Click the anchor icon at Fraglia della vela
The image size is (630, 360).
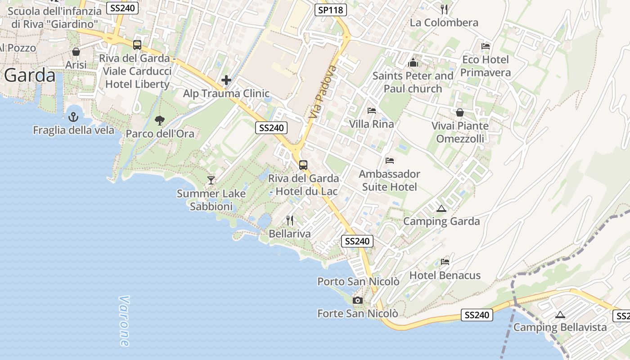(x=73, y=117)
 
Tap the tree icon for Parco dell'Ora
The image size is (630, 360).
(x=159, y=120)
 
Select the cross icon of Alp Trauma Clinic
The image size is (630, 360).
(x=226, y=81)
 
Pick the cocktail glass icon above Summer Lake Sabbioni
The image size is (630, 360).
(x=211, y=180)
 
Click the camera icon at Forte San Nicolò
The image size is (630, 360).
(x=358, y=300)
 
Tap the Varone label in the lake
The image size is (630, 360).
(x=124, y=321)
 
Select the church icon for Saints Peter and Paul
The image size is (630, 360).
(x=413, y=63)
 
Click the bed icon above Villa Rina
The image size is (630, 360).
(x=372, y=111)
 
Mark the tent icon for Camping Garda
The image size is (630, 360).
(x=441, y=208)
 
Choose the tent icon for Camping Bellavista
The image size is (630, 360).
(x=560, y=315)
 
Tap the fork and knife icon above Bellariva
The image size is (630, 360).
(x=290, y=220)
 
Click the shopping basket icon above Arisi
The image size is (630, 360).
(x=76, y=52)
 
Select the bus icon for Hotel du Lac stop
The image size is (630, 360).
(x=303, y=165)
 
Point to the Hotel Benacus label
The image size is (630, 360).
(x=445, y=275)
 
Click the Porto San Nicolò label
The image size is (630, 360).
(x=358, y=282)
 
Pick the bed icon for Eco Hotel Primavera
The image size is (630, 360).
(x=486, y=46)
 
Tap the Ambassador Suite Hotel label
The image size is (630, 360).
(x=390, y=180)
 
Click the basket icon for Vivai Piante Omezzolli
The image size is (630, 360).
(x=460, y=112)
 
